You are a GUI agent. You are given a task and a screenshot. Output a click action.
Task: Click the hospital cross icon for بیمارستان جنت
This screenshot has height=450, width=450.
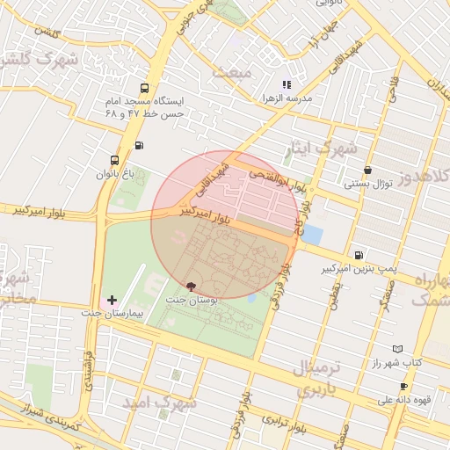112,301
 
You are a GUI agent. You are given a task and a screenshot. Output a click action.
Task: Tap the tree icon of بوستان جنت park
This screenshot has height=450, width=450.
192,287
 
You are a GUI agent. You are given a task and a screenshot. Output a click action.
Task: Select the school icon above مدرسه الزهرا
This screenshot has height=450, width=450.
286,85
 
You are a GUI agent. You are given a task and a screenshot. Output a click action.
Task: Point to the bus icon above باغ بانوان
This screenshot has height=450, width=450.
114,161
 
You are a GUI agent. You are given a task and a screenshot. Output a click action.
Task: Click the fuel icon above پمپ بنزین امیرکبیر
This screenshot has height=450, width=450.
358,253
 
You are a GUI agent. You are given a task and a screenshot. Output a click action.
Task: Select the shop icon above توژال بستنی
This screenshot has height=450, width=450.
367,171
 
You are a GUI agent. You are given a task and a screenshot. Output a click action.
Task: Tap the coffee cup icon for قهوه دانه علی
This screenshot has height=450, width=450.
403,387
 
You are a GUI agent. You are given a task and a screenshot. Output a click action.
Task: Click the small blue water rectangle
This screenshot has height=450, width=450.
312,236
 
